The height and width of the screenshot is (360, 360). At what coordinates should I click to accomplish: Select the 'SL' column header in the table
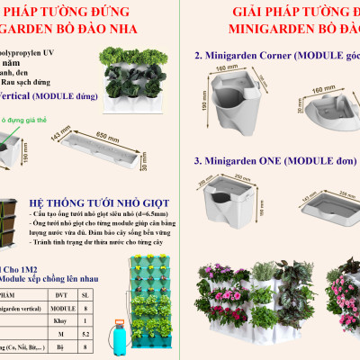pos(109,293)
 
